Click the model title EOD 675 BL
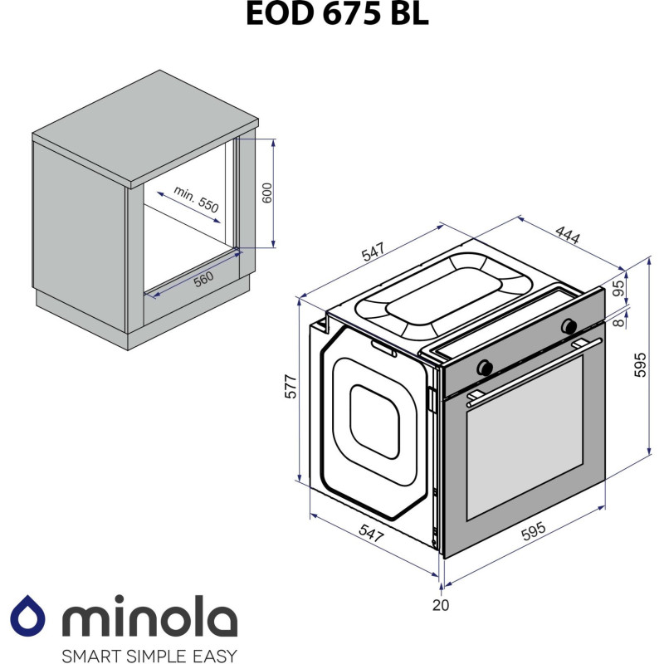337,14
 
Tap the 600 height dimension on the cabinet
266,193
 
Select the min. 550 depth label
196,200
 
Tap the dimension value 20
441,605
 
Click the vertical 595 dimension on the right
640,364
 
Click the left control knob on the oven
485,365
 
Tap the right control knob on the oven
569,325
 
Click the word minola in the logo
149,618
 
